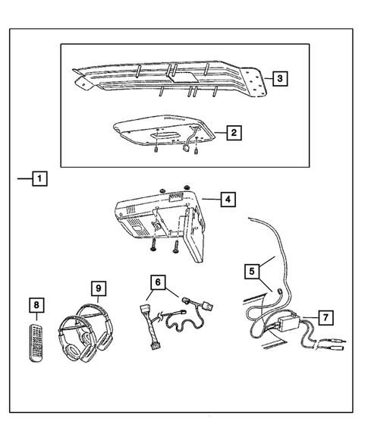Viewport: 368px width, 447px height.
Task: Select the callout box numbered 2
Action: pyautogui.click(x=235, y=133)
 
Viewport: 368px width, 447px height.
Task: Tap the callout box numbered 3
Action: pyautogui.click(x=280, y=77)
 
